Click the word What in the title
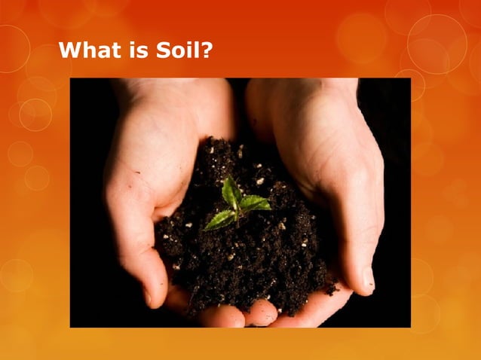pos(89,51)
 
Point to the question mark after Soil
pos(204,51)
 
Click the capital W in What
pos(70,51)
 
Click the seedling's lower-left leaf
pos(219,219)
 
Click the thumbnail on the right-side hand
pos(369,279)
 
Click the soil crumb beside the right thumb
pos(330,287)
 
